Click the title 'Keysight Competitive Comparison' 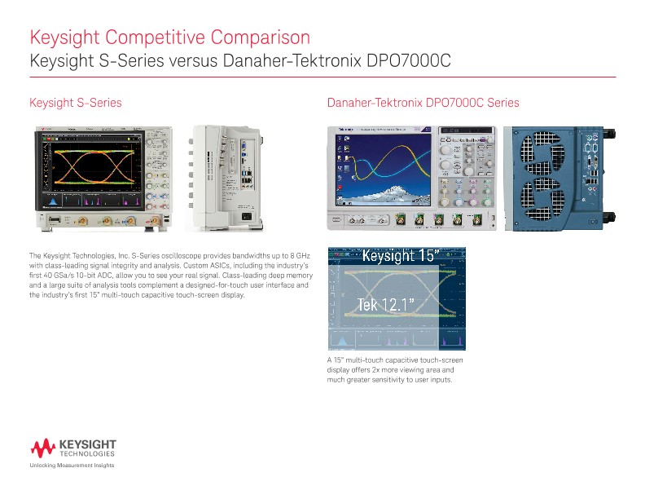point(169,38)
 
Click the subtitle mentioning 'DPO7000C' point(239,62)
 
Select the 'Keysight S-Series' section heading point(76,103)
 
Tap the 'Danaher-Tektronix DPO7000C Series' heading point(423,103)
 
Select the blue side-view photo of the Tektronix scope point(561,174)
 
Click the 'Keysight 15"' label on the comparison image point(400,255)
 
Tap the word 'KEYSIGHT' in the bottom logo point(88,444)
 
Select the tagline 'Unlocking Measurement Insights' point(72,466)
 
